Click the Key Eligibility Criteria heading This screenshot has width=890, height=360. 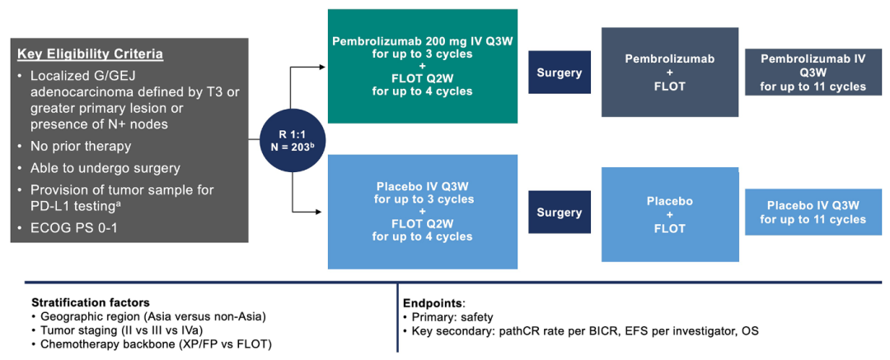tap(90, 54)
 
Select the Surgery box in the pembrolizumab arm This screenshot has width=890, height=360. tap(559, 72)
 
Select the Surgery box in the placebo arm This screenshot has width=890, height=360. tap(559, 213)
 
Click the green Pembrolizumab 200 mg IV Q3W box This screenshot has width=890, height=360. tap(423, 66)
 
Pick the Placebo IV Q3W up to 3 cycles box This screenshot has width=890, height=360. tap(423, 212)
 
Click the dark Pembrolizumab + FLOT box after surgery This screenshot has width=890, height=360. tap(669, 72)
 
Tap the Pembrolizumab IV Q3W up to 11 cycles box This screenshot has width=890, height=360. tap(813, 72)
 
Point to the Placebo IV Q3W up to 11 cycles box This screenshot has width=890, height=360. tap(813, 213)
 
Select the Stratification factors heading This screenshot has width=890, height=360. tap(90, 302)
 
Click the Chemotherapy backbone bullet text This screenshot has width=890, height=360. tap(156, 344)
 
